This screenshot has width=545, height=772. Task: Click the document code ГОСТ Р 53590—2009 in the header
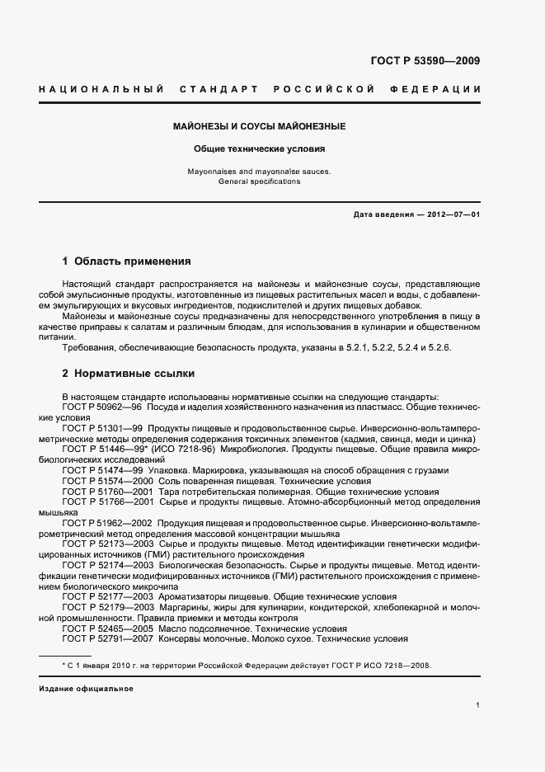pos(426,60)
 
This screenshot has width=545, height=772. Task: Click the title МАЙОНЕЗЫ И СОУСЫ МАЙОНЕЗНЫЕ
pos(259,126)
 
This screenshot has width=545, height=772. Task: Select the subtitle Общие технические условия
pos(259,150)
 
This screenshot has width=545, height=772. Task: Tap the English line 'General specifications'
pos(259,181)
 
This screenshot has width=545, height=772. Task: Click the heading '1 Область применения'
pos(126,261)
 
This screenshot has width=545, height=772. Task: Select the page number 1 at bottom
pos(478,705)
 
